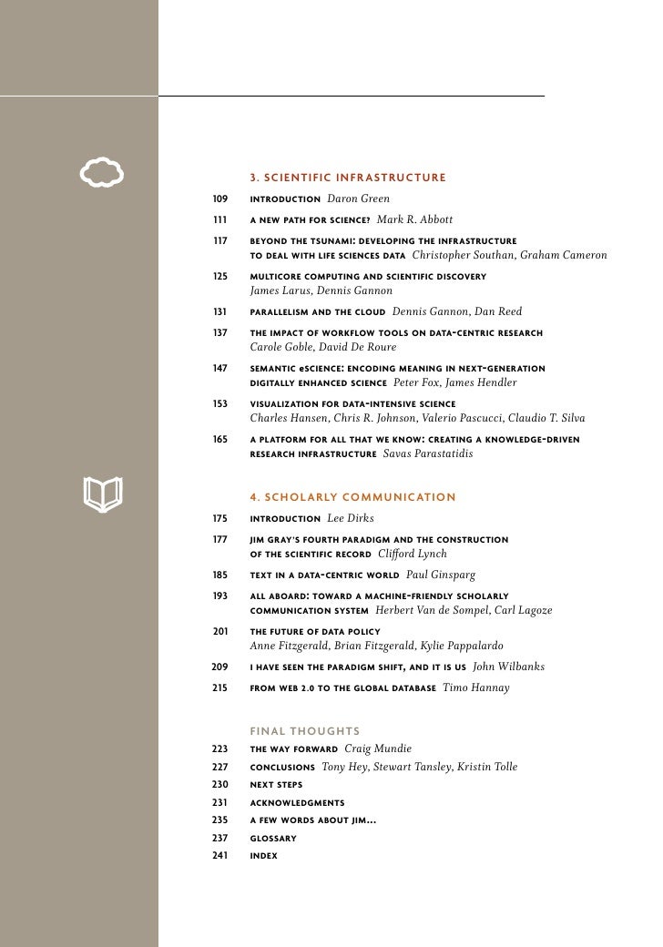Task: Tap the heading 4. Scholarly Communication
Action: point(352,496)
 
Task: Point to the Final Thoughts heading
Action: point(305,730)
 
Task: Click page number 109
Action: point(219,199)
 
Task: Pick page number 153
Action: point(219,402)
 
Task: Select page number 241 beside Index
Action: point(219,856)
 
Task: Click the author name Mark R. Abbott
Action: point(414,219)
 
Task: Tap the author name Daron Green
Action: point(358,199)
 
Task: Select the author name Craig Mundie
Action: point(378,748)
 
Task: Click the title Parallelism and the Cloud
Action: point(316,311)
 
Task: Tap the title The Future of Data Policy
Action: point(315,631)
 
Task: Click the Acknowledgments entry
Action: point(297,802)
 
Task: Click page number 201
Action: point(219,631)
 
